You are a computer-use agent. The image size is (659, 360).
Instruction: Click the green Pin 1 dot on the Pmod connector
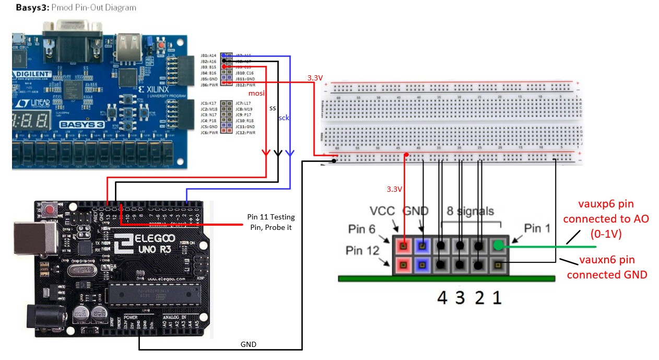tap(498, 245)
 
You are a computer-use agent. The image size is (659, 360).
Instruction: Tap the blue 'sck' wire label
tap(284, 118)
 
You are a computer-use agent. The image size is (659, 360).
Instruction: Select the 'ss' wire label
tap(273, 108)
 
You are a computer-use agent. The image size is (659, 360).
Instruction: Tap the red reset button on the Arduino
tap(51, 210)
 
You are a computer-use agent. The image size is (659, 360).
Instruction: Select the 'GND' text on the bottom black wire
tap(248, 344)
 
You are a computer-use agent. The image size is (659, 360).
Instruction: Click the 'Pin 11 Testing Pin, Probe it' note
tap(271, 222)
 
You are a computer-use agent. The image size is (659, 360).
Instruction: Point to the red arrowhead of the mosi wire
tap(266, 153)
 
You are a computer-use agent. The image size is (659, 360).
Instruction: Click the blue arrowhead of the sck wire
tap(290, 153)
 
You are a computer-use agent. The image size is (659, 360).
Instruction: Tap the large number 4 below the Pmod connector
tap(442, 297)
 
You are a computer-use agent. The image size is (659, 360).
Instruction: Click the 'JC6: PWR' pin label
tap(209, 133)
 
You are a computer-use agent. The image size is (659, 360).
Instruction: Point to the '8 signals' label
tap(470, 211)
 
